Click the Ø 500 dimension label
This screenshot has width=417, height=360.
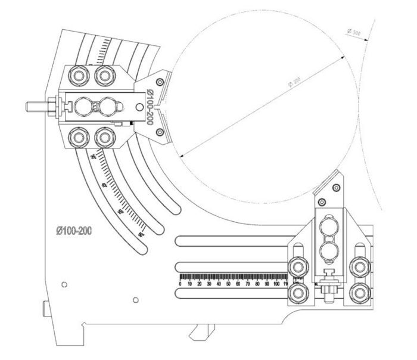coord(353,32)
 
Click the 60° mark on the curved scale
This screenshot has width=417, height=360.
coord(141,235)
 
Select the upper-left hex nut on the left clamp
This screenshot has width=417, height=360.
coord(77,75)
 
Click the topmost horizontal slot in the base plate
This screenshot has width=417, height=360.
coord(238,240)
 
